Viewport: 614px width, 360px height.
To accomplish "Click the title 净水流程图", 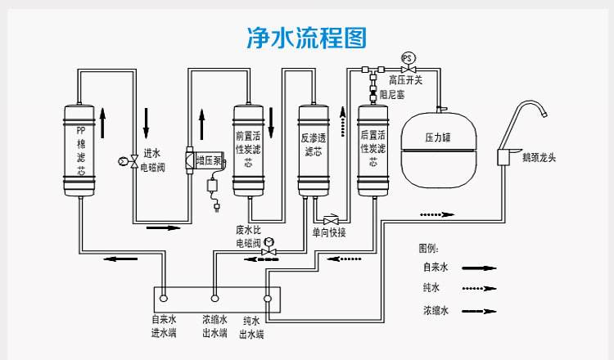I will tap(307, 38).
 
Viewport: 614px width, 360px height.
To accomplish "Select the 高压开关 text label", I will tap(405, 80).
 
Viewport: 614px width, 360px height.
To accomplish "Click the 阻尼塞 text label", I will tap(393, 96).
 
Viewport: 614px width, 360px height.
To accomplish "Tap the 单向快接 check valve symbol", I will tap(332, 220).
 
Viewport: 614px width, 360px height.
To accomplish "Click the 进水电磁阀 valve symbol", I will tap(134, 162).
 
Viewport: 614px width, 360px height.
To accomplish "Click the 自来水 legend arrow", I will tap(480, 268).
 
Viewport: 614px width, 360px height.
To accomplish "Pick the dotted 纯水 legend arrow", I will tap(480, 289).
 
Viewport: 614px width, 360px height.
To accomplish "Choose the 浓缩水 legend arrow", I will tap(480, 311).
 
